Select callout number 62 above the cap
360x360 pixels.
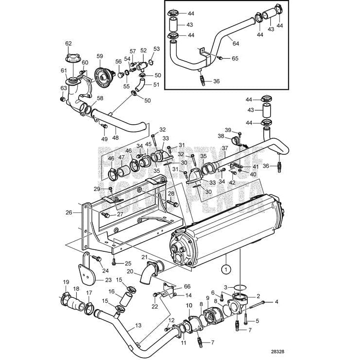tap(68, 44)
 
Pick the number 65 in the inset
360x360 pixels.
tap(235, 58)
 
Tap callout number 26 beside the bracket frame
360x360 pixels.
tap(69, 212)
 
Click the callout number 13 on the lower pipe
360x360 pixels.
tap(138, 325)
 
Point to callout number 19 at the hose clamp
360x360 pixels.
tap(66, 282)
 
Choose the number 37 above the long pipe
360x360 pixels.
tap(225, 147)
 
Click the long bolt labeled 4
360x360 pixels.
tap(260, 302)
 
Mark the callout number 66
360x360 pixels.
tap(187, 287)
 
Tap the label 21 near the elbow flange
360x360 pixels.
tap(144, 257)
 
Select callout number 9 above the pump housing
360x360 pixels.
tap(208, 297)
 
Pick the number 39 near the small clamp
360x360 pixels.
tap(228, 130)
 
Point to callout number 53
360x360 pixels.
tap(156, 49)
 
